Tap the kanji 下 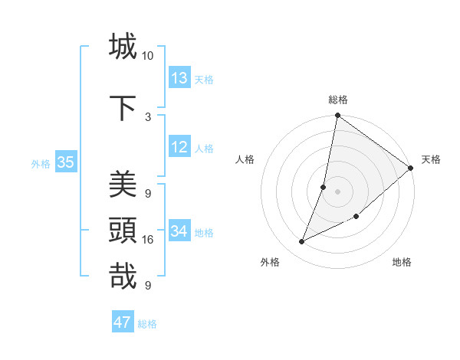pyautogui.click(x=123, y=107)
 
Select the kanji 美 pyautogui.click(x=123, y=184)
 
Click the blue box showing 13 pyautogui.click(x=179, y=78)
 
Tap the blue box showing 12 pyautogui.click(x=179, y=147)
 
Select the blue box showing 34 pyautogui.click(x=179, y=231)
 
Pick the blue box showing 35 pyautogui.click(x=65, y=162)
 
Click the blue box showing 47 pyautogui.click(x=123, y=322)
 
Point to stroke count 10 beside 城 pyautogui.click(x=148, y=56)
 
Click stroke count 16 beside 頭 pyautogui.click(x=148, y=240)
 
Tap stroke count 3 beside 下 pyautogui.click(x=148, y=116)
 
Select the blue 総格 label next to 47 pyautogui.click(x=147, y=324)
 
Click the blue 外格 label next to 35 pyautogui.click(x=41, y=163)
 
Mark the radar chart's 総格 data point pyautogui.click(x=337, y=116)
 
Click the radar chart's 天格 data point pyautogui.click(x=411, y=169)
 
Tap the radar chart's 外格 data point pyautogui.click(x=302, y=242)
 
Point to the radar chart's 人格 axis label pyautogui.click(x=245, y=159)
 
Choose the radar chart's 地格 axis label pyautogui.click(x=402, y=262)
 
